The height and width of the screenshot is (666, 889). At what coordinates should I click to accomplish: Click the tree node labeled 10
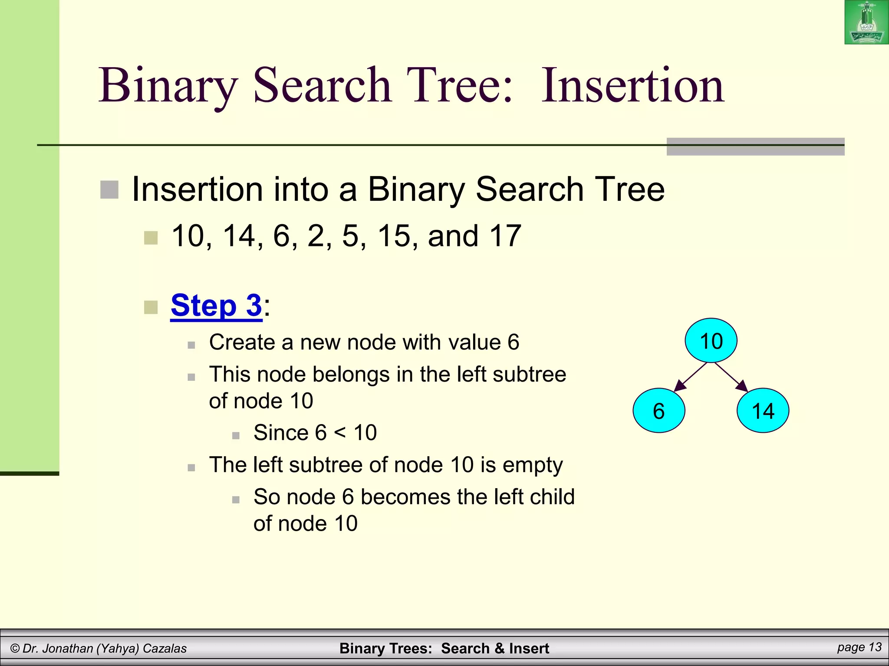711,340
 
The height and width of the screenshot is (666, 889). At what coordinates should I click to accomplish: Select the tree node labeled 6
659,411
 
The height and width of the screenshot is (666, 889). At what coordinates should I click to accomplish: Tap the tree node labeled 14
763,411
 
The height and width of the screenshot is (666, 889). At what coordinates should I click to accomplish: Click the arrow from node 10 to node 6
690,376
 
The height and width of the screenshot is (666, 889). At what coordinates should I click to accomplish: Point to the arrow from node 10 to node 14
731,376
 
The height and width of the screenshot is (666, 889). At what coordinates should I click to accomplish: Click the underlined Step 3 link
216,305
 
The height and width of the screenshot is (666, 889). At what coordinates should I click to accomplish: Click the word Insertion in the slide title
632,85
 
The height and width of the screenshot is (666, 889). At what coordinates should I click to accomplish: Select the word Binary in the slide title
168,85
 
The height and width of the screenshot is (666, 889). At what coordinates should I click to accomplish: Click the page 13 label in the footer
859,647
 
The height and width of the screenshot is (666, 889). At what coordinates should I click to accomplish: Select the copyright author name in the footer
99,648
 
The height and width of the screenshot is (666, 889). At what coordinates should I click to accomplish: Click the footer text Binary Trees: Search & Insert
444,648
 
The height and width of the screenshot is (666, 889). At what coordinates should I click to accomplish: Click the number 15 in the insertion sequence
394,236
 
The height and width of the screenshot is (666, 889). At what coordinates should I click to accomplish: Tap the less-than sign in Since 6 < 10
340,433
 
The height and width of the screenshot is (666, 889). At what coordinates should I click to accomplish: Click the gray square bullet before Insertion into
109,189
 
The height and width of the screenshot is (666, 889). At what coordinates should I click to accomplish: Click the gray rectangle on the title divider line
755,147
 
